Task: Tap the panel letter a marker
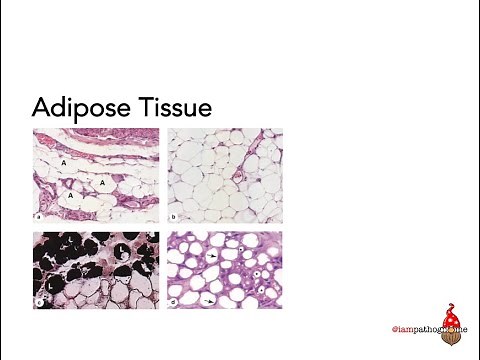click(37, 215)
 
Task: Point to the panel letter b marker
click(174, 215)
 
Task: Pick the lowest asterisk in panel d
click(262, 289)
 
